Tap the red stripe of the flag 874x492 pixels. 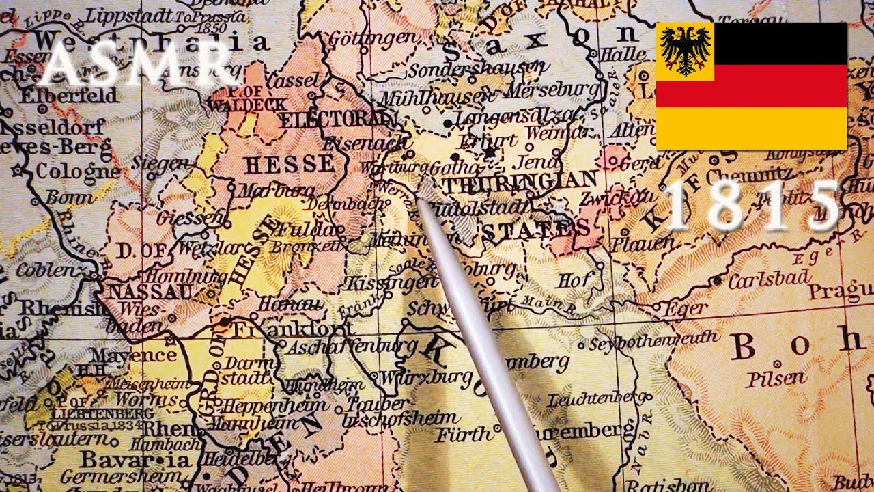click(751, 85)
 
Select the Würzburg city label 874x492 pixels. click(426, 377)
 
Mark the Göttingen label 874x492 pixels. click(371, 39)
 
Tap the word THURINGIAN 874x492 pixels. click(520, 181)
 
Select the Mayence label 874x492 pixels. click(133, 355)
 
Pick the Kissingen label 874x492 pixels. click(390, 282)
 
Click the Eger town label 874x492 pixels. click(686, 310)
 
